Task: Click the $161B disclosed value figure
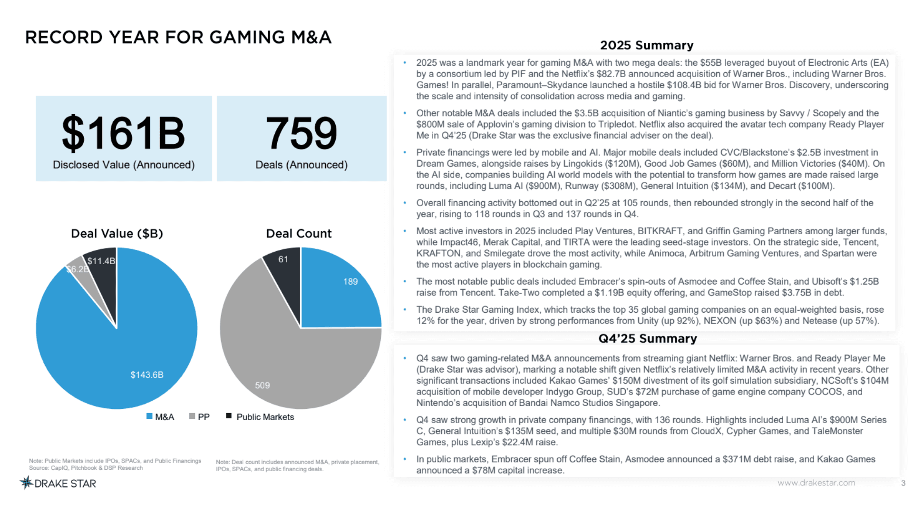point(123,134)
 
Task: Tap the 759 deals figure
point(301,134)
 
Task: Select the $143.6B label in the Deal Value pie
point(147,375)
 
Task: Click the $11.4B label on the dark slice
point(101,261)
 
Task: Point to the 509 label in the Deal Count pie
point(262,385)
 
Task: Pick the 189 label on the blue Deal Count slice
point(350,282)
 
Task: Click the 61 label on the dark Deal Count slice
point(283,259)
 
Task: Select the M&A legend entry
point(160,417)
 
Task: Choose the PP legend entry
point(200,417)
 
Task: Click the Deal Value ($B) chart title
point(117,234)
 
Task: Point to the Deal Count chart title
point(299,234)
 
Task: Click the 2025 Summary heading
point(647,45)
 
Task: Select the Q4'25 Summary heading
point(647,338)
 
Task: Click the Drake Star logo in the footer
point(58,484)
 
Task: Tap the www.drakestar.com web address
point(816,483)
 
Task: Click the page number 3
point(903,483)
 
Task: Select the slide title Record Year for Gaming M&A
point(178,37)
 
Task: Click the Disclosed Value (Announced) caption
point(124,165)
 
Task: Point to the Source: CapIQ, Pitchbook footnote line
point(86,468)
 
